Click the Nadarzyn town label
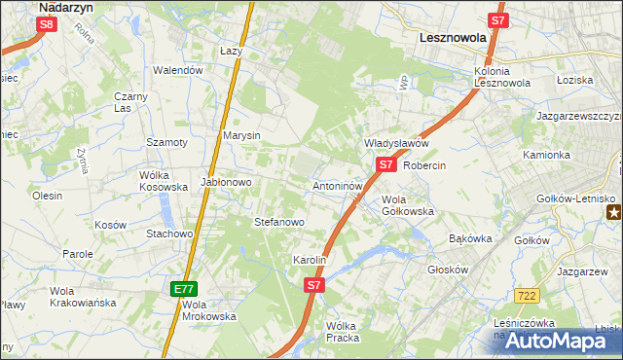click(x=65, y=6)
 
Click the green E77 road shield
click(x=184, y=289)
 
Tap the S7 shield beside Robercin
click(x=385, y=165)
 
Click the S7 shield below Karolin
click(x=313, y=285)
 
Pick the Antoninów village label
click(x=338, y=185)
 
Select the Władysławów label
click(x=396, y=143)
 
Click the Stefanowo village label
click(x=279, y=222)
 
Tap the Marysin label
click(x=242, y=135)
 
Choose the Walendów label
click(x=178, y=70)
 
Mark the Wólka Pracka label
click(x=343, y=332)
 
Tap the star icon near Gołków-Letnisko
click(x=613, y=213)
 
